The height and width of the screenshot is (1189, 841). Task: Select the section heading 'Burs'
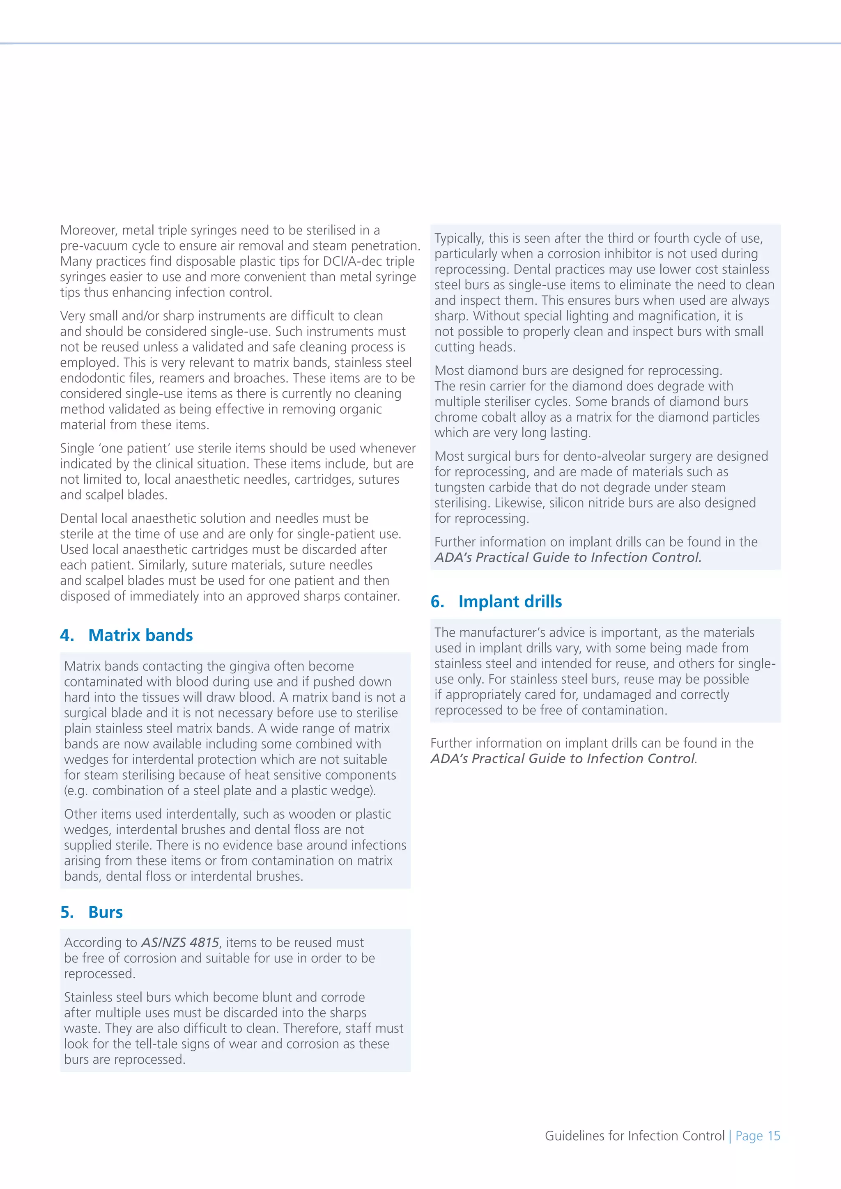(x=105, y=912)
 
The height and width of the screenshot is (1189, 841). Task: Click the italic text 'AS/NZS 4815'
(x=180, y=943)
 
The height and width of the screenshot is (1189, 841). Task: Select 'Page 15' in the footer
(x=758, y=1136)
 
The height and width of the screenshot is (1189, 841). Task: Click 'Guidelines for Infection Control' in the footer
(x=634, y=1136)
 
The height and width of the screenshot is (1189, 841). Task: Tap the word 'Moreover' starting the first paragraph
(x=88, y=230)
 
